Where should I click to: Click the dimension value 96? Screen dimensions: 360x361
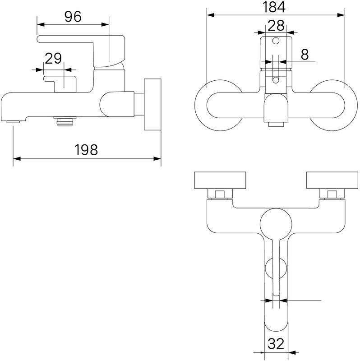(x=73, y=17)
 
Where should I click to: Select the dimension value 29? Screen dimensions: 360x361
(x=53, y=59)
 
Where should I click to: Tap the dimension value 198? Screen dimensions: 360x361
(x=86, y=150)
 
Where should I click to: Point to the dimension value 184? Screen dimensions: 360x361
(x=274, y=7)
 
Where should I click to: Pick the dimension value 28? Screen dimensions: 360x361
(x=276, y=26)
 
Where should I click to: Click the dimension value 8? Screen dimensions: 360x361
(x=305, y=55)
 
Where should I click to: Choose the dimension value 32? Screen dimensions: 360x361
(x=276, y=344)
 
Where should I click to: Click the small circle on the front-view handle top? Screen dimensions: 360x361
(x=276, y=41)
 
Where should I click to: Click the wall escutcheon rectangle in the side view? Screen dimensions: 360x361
(x=152, y=105)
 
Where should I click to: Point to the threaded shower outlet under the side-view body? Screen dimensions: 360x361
(x=65, y=121)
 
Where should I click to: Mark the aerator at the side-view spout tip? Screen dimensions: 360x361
(x=13, y=121)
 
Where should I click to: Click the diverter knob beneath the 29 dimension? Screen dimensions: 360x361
(x=60, y=84)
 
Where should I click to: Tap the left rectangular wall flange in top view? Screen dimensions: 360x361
(x=220, y=180)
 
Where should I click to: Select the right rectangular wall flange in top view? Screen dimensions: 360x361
(x=332, y=180)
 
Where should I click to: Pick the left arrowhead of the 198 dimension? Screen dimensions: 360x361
(x=17, y=159)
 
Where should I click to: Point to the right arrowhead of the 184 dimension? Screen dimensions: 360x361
(x=341, y=15)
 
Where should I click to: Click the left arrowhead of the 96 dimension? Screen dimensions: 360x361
(x=41, y=24)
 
